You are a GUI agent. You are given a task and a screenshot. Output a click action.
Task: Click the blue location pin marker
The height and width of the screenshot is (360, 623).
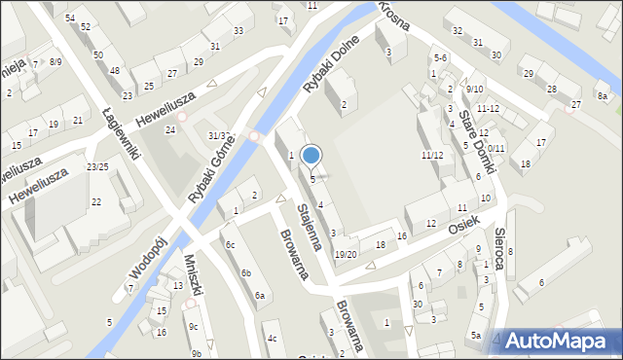click(x=311, y=156)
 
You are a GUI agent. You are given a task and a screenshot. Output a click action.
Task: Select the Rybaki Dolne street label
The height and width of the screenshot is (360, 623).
click(x=331, y=65)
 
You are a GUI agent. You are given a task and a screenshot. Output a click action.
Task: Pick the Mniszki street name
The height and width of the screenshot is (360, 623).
click(x=195, y=275)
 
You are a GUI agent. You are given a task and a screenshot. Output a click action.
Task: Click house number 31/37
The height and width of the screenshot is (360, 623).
click(x=218, y=135)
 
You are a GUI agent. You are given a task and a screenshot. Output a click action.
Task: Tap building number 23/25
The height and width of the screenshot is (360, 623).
click(x=97, y=167)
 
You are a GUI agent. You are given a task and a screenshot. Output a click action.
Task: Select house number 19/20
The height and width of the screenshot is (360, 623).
click(x=346, y=254)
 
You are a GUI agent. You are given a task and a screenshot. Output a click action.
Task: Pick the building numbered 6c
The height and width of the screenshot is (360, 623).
click(x=231, y=244)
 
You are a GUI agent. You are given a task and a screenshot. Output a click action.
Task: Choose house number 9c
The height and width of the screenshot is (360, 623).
click(x=193, y=326)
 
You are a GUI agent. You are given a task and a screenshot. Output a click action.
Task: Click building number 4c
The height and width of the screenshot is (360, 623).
click(x=273, y=339)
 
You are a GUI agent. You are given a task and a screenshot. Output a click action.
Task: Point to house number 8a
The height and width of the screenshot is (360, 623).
click(x=602, y=96)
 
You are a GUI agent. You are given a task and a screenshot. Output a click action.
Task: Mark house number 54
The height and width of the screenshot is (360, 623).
click(x=69, y=18)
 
